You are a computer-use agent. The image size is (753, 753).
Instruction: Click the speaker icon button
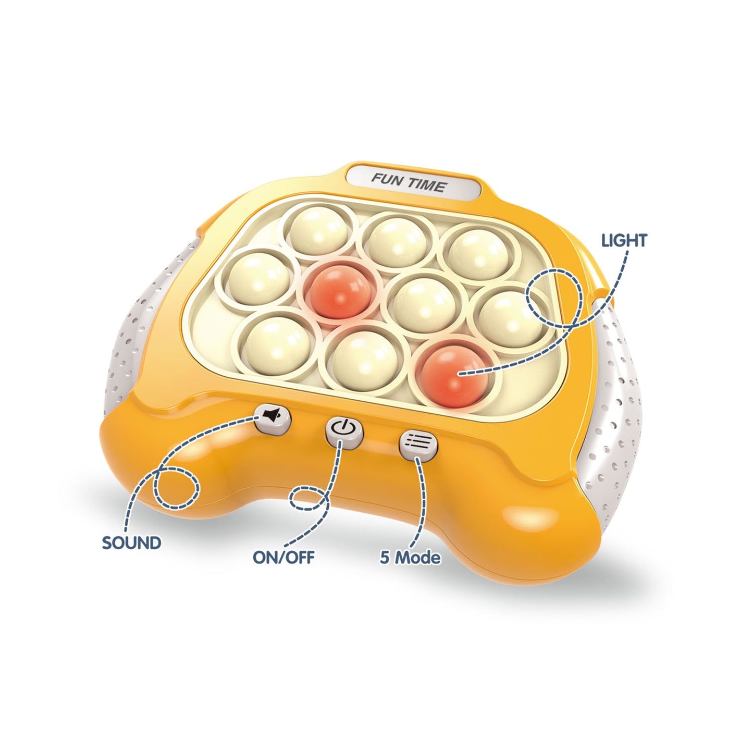coord(273,419)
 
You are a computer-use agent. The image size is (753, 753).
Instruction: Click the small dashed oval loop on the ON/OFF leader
coord(308,498)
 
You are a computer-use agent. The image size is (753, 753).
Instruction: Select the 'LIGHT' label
coord(624,241)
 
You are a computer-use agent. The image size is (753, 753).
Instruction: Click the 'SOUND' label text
coord(131,543)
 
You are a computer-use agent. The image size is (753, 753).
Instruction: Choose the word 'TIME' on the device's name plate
coord(429,185)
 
